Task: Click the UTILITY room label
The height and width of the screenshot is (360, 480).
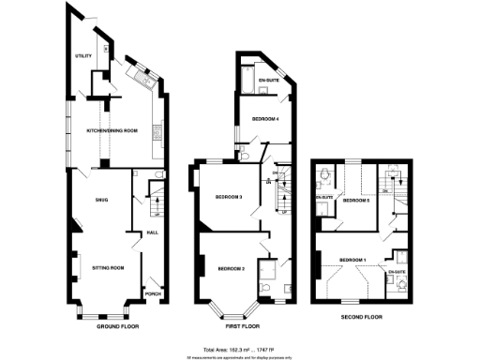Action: [84, 56]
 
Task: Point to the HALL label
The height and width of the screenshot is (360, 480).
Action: [150, 233]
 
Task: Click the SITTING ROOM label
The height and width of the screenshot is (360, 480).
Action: [108, 268]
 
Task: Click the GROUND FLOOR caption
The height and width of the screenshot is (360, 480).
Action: [118, 327]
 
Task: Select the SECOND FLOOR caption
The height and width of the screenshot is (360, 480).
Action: [363, 318]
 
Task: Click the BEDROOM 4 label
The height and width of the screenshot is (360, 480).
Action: [265, 119]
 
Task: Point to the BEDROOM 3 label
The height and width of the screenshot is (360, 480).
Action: [229, 197]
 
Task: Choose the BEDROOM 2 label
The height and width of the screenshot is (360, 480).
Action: [231, 268]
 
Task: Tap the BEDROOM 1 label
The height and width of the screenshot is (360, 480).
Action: [352, 259]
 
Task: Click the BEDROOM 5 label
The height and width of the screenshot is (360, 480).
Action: [356, 201]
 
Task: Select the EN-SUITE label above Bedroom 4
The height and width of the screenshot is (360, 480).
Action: [270, 81]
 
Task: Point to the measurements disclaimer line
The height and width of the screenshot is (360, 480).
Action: [241, 356]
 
